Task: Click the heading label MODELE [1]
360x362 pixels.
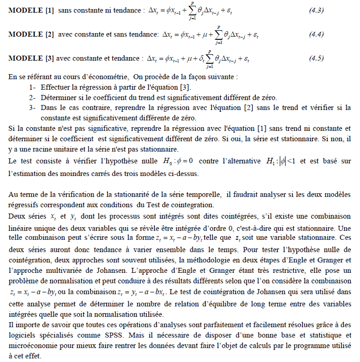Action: click(x=31, y=11)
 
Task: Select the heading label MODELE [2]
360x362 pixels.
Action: click(x=31, y=35)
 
